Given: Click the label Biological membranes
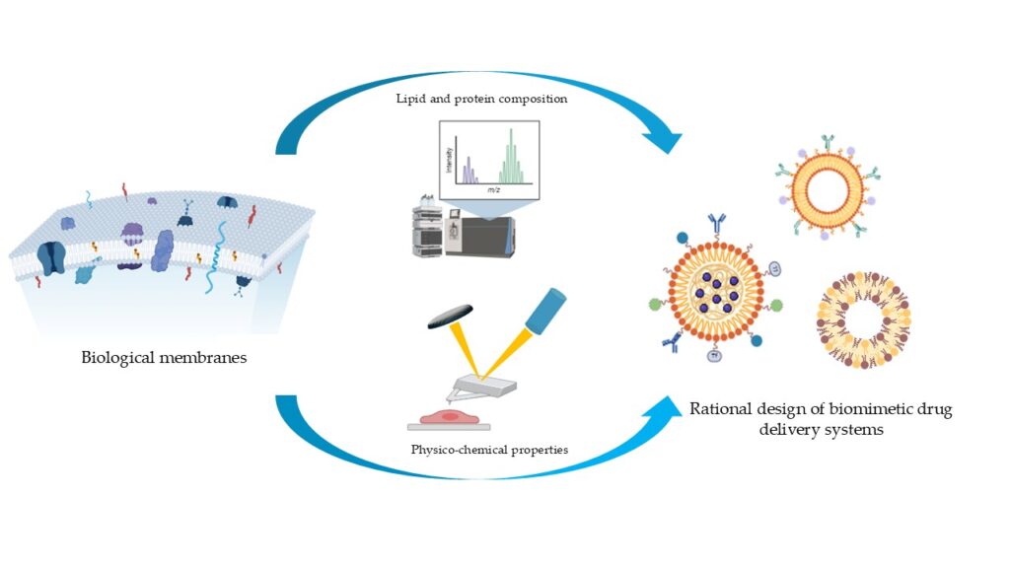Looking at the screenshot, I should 164,357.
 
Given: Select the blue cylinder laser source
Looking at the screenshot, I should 542,309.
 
